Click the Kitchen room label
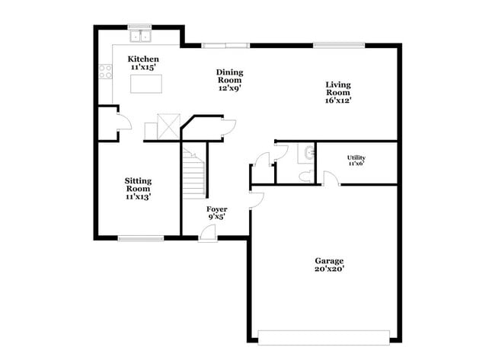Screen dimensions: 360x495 tap(143, 59)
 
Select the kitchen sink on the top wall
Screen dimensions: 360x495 tap(140, 35)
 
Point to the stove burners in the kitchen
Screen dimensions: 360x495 tap(105, 72)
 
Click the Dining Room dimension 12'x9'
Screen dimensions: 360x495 tap(230, 88)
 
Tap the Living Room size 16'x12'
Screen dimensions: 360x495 tap(339, 100)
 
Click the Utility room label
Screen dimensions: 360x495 tap(356, 158)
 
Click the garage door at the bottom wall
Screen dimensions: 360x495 tap(324, 336)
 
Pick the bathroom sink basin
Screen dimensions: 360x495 tap(308, 153)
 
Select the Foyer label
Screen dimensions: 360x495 tap(217, 209)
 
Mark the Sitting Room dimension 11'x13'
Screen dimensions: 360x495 tap(139, 197)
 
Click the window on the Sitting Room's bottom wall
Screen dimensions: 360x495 tap(141, 238)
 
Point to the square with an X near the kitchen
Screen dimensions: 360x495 tap(168, 126)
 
